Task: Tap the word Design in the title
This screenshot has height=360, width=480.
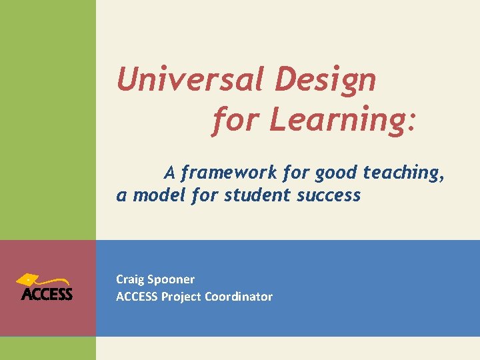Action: [x=325, y=81]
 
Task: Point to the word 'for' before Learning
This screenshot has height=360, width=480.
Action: [x=236, y=121]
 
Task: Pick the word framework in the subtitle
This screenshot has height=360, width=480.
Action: [x=229, y=173]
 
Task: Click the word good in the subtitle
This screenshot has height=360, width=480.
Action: [x=337, y=173]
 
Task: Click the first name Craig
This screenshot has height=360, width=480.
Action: [x=129, y=279]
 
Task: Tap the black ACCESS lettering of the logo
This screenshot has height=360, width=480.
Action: [x=47, y=294]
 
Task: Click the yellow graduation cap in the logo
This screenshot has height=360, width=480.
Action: [x=37, y=280]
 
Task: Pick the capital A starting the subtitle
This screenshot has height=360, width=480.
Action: [x=169, y=173]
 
